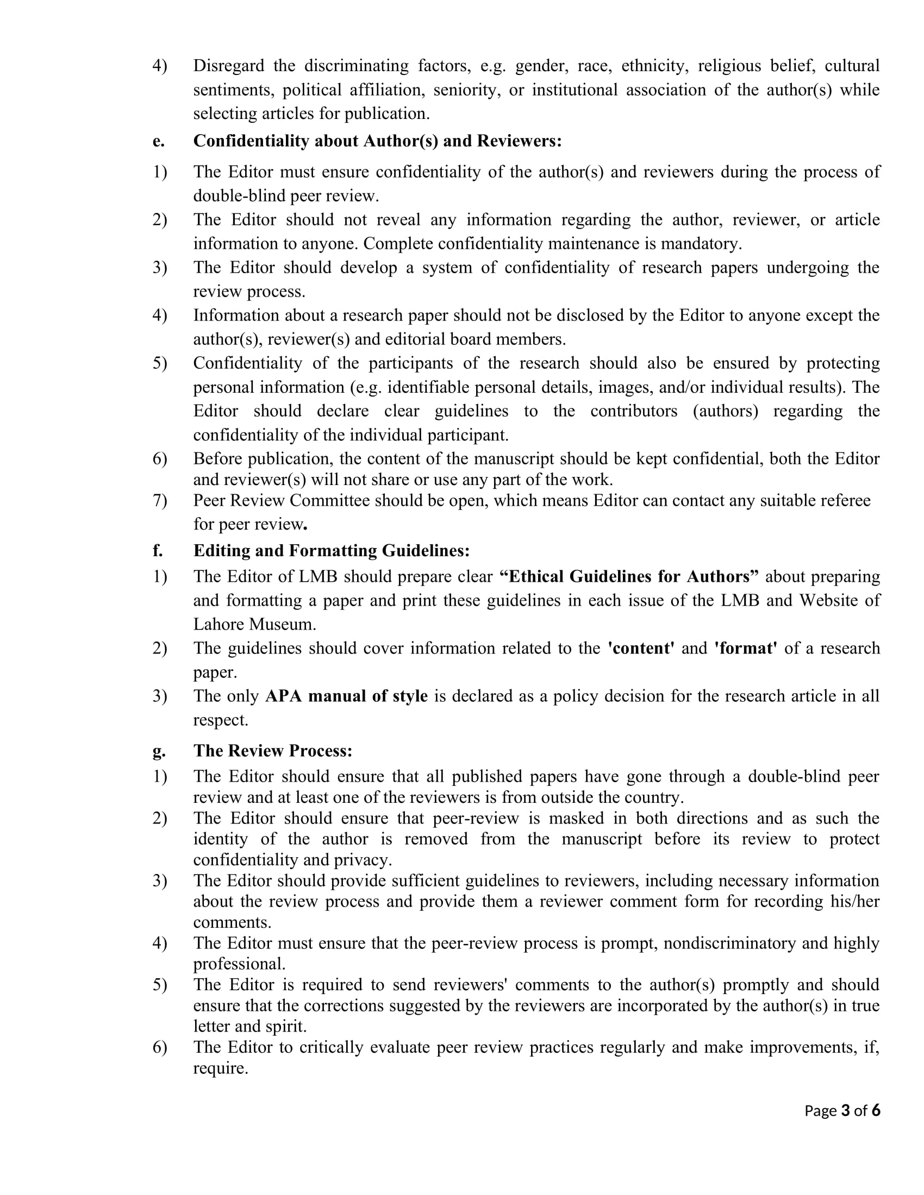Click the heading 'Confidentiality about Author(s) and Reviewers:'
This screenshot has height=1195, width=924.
point(377,141)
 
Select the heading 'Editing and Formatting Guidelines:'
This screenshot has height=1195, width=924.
point(331,550)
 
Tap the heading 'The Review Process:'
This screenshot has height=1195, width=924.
point(273,750)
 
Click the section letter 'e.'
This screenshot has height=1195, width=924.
point(158,141)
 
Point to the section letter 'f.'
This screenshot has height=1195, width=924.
point(158,550)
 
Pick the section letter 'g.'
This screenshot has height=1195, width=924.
point(159,751)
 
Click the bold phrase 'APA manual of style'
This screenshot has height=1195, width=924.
point(346,696)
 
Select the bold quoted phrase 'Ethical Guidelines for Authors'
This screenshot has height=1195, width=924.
point(629,577)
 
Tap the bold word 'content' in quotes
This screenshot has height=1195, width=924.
point(641,649)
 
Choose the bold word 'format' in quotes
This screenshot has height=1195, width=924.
point(746,649)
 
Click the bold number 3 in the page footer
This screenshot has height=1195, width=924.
point(845,1110)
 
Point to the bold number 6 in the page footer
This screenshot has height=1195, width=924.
point(876,1110)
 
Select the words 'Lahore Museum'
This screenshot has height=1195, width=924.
point(254,624)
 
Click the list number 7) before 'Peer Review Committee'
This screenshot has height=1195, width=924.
point(160,501)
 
